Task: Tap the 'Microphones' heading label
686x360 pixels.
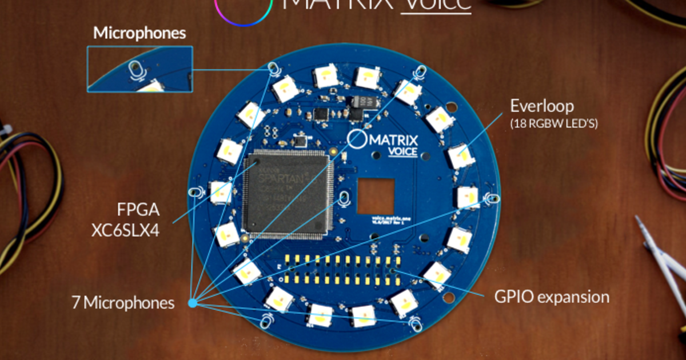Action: click(x=139, y=33)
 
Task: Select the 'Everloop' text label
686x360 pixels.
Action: click(x=541, y=106)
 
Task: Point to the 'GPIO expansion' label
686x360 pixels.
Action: click(x=552, y=297)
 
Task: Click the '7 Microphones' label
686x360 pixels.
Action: click(x=123, y=302)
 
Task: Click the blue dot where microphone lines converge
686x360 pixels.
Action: click(x=193, y=303)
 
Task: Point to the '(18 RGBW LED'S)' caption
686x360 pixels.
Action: click(x=553, y=123)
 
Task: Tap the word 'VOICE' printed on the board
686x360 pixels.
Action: click(x=402, y=152)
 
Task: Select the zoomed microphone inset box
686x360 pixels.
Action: click(x=139, y=69)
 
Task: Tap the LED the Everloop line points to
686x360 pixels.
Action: click(x=461, y=155)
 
